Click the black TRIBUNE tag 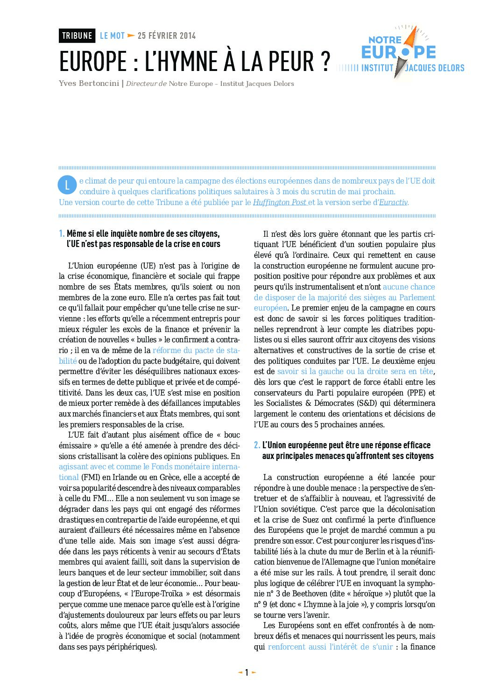tap(77, 35)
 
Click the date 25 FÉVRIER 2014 tap(167, 35)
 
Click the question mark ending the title tap(325, 62)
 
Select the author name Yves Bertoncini tap(89, 84)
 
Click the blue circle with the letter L tap(67, 185)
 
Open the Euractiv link tap(393, 202)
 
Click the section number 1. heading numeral tap(62, 233)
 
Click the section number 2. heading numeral tap(257, 445)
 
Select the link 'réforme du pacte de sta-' tap(196, 350)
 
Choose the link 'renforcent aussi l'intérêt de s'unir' tap(330, 647)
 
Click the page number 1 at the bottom tap(247, 673)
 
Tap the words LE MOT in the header tap(112, 35)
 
